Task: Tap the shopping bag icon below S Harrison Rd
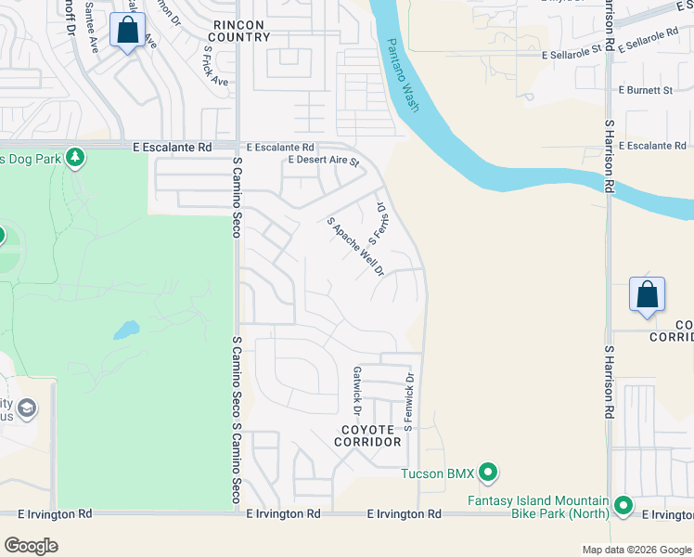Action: click(x=647, y=294)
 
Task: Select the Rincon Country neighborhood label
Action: click(x=239, y=31)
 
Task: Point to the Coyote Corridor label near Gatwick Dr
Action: click(x=369, y=435)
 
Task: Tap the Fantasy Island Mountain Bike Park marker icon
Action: click(x=623, y=507)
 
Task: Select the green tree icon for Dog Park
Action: click(x=76, y=159)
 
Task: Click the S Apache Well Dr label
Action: click(x=355, y=247)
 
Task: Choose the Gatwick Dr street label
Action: click(x=356, y=390)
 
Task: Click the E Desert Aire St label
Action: click(x=323, y=161)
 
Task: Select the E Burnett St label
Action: click(x=645, y=90)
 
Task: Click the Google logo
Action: click(x=31, y=546)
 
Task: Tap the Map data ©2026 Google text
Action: click(x=636, y=550)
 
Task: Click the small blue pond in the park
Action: click(x=126, y=330)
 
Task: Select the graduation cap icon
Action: click(x=29, y=408)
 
